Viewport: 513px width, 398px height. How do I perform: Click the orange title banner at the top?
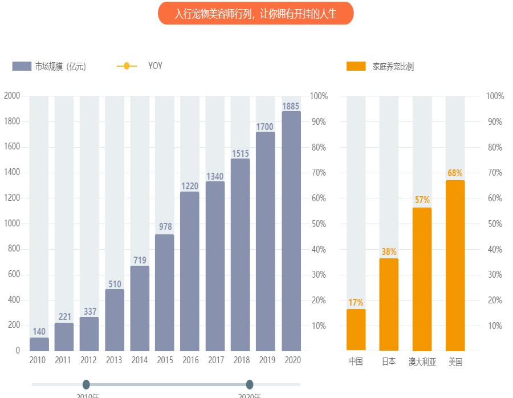255,14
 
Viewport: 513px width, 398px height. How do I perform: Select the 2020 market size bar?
291,231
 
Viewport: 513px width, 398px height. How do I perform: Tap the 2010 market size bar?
39,344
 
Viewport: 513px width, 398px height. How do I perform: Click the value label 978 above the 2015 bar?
165,227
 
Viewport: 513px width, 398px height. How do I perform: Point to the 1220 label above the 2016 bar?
190,185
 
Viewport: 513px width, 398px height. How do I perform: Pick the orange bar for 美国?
455,266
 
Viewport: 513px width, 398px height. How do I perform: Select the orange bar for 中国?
356,330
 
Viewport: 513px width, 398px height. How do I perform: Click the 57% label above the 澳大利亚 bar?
422,200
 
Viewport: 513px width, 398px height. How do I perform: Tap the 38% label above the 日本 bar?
389,251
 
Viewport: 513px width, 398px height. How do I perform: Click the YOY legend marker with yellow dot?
127,66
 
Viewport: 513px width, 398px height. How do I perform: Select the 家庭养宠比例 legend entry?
380,66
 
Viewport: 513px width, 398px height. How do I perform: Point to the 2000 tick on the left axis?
11,96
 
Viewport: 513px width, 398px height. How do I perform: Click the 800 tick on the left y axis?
14,249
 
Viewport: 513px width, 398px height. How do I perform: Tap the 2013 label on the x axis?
114,360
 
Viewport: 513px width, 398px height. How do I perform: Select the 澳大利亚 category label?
422,362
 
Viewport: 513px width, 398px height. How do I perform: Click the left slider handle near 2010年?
86,384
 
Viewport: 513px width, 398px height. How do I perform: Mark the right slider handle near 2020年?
249,384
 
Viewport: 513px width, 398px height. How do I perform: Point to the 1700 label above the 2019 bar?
265,127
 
